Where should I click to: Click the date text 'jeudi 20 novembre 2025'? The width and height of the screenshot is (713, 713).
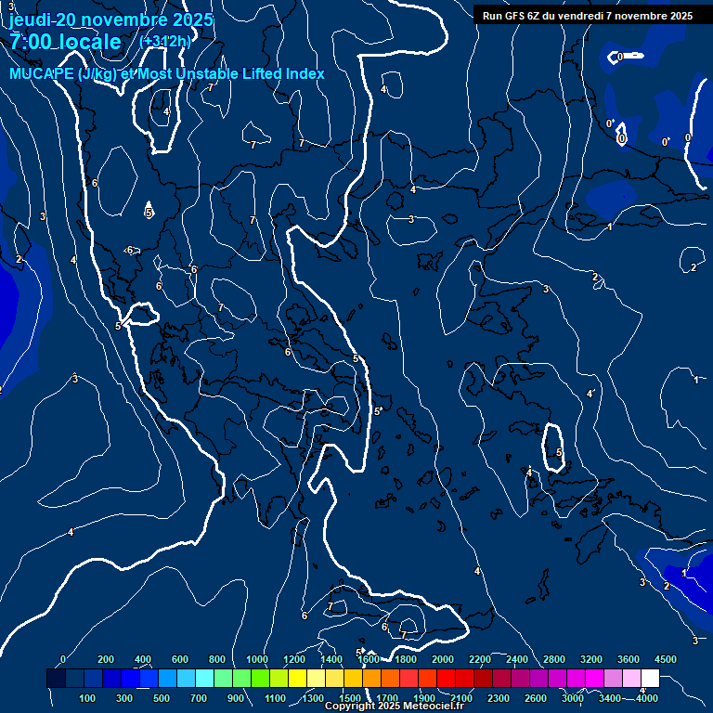click(x=110, y=19)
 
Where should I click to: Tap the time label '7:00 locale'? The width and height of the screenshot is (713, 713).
click(x=65, y=42)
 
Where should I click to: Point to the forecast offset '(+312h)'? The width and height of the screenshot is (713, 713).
click(x=164, y=41)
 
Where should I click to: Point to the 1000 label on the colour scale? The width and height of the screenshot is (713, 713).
click(x=257, y=659)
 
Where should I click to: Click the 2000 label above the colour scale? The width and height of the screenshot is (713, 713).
click(x=443, y=659)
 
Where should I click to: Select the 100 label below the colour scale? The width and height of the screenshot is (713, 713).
click(x=87, y=697)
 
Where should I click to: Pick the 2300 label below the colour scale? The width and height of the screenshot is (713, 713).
click(x=499, y=697)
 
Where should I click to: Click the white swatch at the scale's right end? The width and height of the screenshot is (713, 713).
click(x=650, y=679)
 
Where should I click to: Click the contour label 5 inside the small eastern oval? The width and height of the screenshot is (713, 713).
click(x=559, y=453)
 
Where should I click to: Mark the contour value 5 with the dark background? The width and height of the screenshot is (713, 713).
click(x=148, y=213)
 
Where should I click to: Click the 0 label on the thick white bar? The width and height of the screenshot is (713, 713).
click(x=620, y=58)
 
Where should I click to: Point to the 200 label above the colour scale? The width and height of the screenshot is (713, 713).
click(x=106, y=659)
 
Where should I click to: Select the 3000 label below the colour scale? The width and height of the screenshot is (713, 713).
click(x=573, y=697)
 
